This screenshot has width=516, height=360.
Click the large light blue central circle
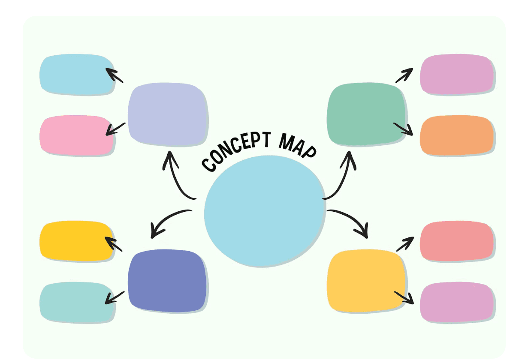tap(264, 212)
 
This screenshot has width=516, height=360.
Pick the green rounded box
tap(366, 114)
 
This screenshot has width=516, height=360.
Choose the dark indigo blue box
tap(167, 280)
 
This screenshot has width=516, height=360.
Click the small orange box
tap(456, 135)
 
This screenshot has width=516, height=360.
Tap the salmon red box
tap(457, 241)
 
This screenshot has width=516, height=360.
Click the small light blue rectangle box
tap(77, 75)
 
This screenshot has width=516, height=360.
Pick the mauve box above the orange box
tap(457, 75)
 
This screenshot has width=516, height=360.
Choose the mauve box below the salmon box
tap(457, 302)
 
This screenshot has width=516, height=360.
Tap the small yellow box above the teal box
tap(77, 241)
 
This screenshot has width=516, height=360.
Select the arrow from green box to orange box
tap(403, 129)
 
